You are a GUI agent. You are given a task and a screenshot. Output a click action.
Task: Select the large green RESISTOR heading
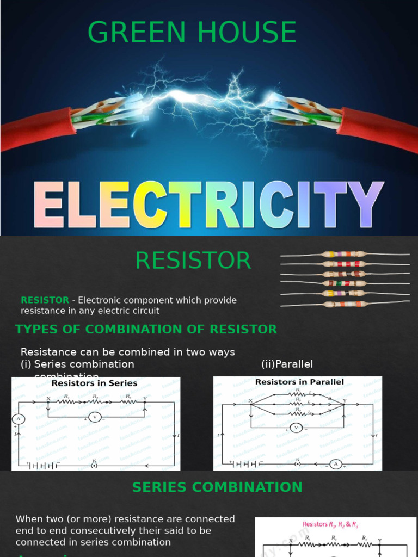coord(193,261)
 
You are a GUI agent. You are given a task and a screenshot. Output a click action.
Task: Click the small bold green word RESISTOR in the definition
coord(45,300)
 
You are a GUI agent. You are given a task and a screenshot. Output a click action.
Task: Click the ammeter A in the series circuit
coord(18,418)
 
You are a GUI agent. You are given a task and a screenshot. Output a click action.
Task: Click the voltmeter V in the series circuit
coord(95,417)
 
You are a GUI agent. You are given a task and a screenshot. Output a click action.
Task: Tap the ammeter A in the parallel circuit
coord(335,464)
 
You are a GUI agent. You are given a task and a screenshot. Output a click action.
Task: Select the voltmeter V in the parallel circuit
coord(297,428)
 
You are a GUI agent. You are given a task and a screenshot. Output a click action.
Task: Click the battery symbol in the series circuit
coord(43,465)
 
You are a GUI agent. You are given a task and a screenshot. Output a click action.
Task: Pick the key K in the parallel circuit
coord(298,464)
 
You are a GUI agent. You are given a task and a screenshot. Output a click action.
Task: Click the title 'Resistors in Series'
coord(94,383)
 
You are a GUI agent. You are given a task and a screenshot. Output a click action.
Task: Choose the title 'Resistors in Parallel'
coord(299,382)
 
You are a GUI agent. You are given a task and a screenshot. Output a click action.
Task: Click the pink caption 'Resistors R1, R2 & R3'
coord(330,525)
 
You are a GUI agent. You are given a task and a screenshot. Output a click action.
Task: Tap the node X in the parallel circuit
coord(251,402)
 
